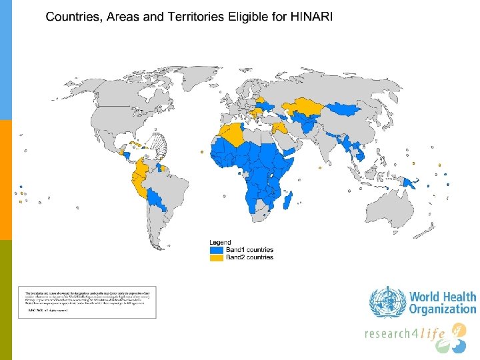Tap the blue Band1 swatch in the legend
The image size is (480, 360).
click(x=217, y=250)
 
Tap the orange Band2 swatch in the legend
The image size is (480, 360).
click(x=217, y=257)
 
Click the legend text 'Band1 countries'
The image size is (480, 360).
click(x=249, y=250)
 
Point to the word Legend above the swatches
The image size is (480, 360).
click(x=221, y=242)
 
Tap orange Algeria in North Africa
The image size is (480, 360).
click(x=233, y=135)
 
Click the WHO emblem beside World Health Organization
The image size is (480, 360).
click(x=387, y=301)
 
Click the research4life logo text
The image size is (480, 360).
click(x=405, y=333)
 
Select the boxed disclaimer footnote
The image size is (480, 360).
click(x=87, y=302)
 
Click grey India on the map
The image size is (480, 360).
click(x=330, y=143)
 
